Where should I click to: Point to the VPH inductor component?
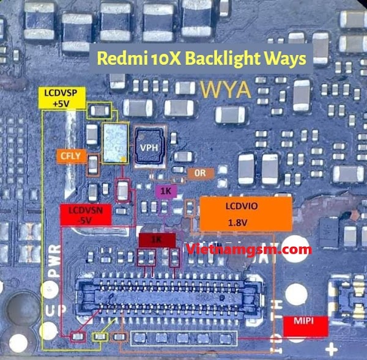point(150,147)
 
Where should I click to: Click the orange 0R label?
point(199,173)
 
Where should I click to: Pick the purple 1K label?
point(166,191)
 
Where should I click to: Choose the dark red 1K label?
point(157,239)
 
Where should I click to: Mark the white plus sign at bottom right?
point(332,350)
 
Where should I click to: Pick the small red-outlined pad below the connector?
point(77,336)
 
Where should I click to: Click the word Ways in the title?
point(286,59)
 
